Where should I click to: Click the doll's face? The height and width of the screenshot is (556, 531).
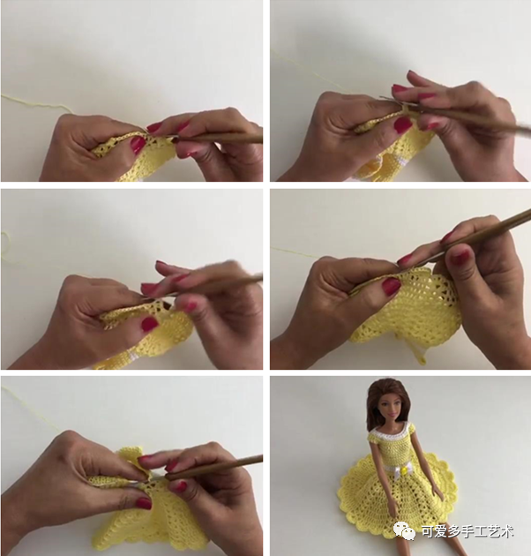[389, 408]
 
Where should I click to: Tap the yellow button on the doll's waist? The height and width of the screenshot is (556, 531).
[402, 471]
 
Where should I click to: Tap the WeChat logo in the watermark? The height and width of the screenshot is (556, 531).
[405, 531]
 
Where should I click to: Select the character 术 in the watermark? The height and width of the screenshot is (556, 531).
[506, 531]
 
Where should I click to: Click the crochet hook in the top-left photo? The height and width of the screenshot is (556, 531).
[218, 138]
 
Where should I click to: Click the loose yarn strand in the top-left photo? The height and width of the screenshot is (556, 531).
[35, 103]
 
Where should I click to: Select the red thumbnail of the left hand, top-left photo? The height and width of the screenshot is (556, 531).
[138, 145]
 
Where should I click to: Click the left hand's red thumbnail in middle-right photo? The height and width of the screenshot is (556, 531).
[392, 286]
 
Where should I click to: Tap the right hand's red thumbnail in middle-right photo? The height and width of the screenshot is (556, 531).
[460, 258]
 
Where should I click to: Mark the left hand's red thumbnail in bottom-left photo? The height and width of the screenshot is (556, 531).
[144, 503]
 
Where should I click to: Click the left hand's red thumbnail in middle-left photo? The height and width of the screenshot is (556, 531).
[150, 324]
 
